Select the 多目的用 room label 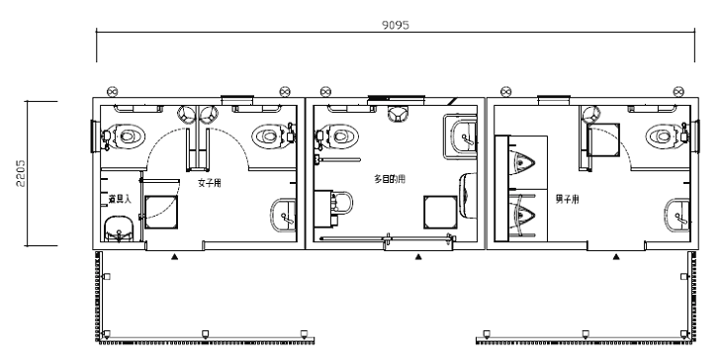point(389,178)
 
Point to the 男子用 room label point(567,199)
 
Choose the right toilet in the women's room point(271,135)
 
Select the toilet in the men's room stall point(664,135)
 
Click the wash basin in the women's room point(283,213)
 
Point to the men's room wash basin point(678,213)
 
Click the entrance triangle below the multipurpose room point(418,256)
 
